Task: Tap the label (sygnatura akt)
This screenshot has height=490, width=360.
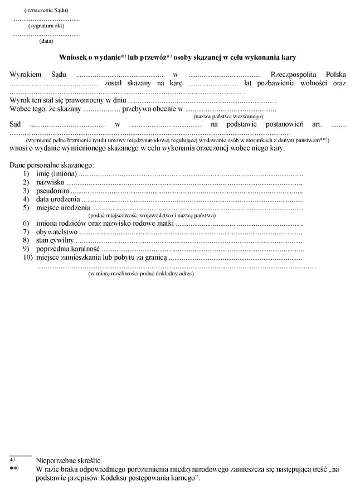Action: tap(46, 26)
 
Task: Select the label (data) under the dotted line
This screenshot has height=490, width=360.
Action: tap(46, 41)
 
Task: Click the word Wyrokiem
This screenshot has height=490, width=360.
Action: tap(25, 74)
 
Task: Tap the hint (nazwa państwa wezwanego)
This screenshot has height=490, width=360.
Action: tap(228, 117)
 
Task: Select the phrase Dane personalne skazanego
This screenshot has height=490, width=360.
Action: tap(52, 166)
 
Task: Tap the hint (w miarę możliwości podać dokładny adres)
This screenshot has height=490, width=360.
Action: tap(142, 274)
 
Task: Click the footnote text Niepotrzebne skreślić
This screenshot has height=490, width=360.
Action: tap(69, 462)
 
